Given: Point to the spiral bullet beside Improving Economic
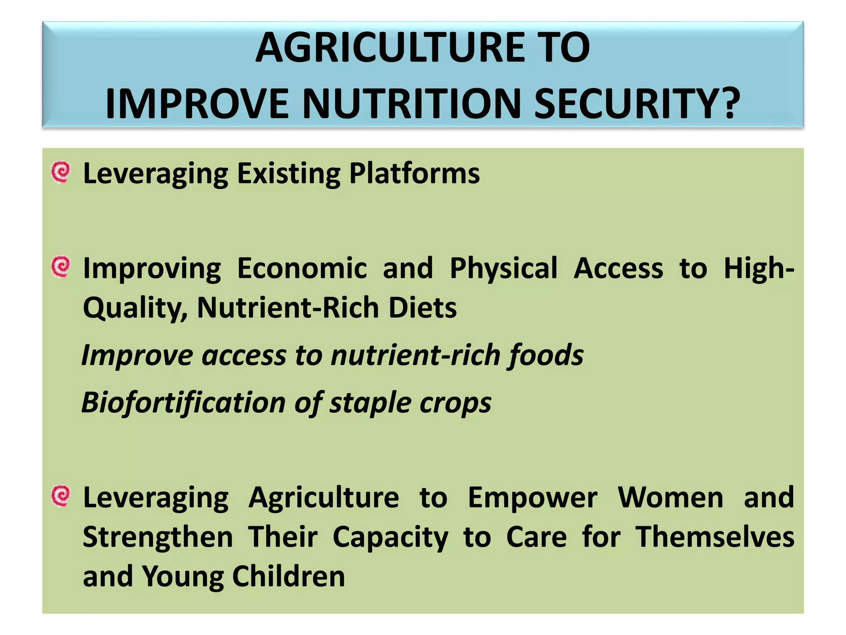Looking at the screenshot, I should pyautogui.click(x=61, y=267).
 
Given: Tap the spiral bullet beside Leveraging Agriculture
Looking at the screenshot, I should pyautogui.click(x=61, y=495).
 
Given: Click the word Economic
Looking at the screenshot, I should pyautogui.click(x=302, y=268).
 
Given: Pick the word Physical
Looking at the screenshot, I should pyautogui.click(x=504, y=268).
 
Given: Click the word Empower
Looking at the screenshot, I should pyautogui.click(x=532, y=497).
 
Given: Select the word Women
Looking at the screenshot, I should pyautogui.click(x=670, y=497).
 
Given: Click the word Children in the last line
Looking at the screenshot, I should pyautogui.click(x=288, y=576).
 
